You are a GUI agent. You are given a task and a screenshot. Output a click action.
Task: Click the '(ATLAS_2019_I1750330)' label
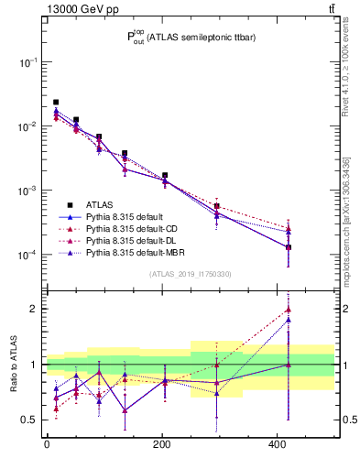pyautogui.click(x=189, y=273)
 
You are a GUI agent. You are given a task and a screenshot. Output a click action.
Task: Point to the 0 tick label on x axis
pyautogui.click(x=46, y=444)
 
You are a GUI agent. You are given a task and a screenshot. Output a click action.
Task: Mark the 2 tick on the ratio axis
pyautogui.click(x=35, y=309)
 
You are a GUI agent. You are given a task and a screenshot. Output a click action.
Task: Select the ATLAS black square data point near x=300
pyautogui.click(x=216, y=206)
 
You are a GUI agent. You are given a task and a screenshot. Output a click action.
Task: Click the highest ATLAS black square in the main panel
pyautogui.click(x=56, y=102)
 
